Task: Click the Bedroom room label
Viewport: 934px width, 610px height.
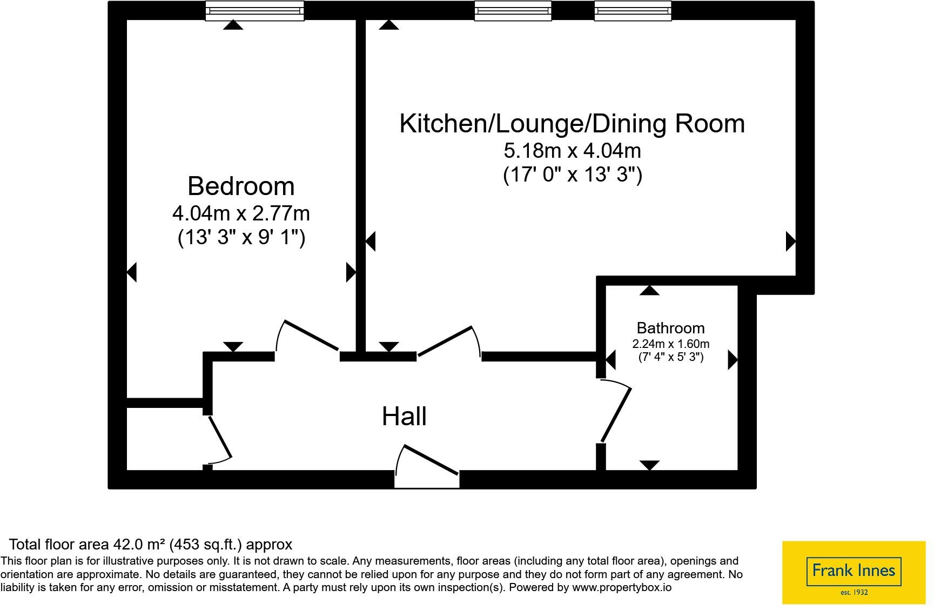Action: (241, 186)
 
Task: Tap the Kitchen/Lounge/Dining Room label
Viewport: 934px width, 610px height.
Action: (572, 123)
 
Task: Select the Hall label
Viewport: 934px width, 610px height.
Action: (404, 417)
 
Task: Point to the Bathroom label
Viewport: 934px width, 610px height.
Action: (670, 328)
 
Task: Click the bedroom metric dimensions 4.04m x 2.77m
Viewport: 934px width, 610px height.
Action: (241, 213)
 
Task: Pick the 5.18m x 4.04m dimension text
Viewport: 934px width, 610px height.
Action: (572, 150)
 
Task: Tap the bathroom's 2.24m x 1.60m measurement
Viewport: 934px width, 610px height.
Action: (671, 344)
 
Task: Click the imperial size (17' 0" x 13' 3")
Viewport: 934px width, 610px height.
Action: (573, 175)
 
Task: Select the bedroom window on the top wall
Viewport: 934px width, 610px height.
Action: (254, 11)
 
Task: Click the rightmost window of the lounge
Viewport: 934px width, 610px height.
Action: (633, 11)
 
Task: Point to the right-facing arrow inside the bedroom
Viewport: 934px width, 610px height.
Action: (351, 272)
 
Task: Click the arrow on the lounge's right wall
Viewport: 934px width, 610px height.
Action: (791, 241)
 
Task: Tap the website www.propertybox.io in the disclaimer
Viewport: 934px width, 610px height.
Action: (622, 587)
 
